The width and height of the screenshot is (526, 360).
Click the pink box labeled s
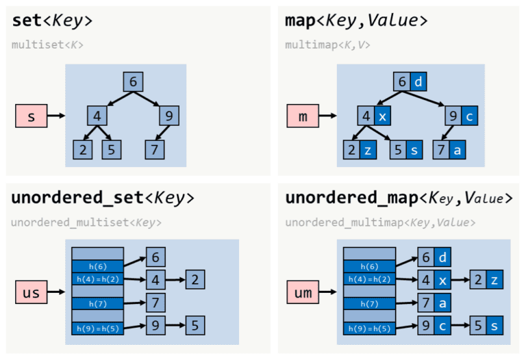31,116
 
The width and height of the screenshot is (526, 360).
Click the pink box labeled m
303,116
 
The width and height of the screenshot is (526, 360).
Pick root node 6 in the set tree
133,81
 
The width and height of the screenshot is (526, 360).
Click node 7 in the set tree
155,149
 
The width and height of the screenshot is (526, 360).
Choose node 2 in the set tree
82,149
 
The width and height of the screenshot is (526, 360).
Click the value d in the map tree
418,81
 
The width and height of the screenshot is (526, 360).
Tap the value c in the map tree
468,115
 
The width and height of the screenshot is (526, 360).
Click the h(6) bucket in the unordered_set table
97,266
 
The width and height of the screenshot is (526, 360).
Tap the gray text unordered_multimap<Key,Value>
380,222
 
